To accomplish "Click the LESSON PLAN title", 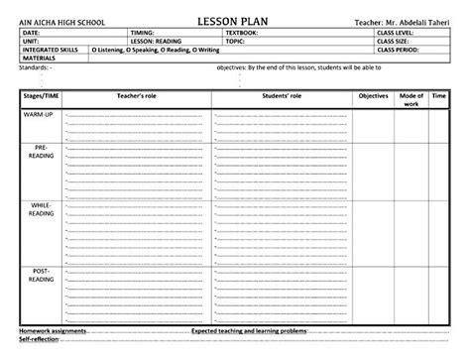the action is [x=233, y=21].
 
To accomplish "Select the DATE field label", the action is [x=31, y=33].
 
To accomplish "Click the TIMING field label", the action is [x=143, y=33].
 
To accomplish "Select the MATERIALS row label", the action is [x=39, y=58].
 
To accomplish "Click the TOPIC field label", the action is [x=234, y=41].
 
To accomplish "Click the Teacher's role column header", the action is [x=135, y=95].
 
